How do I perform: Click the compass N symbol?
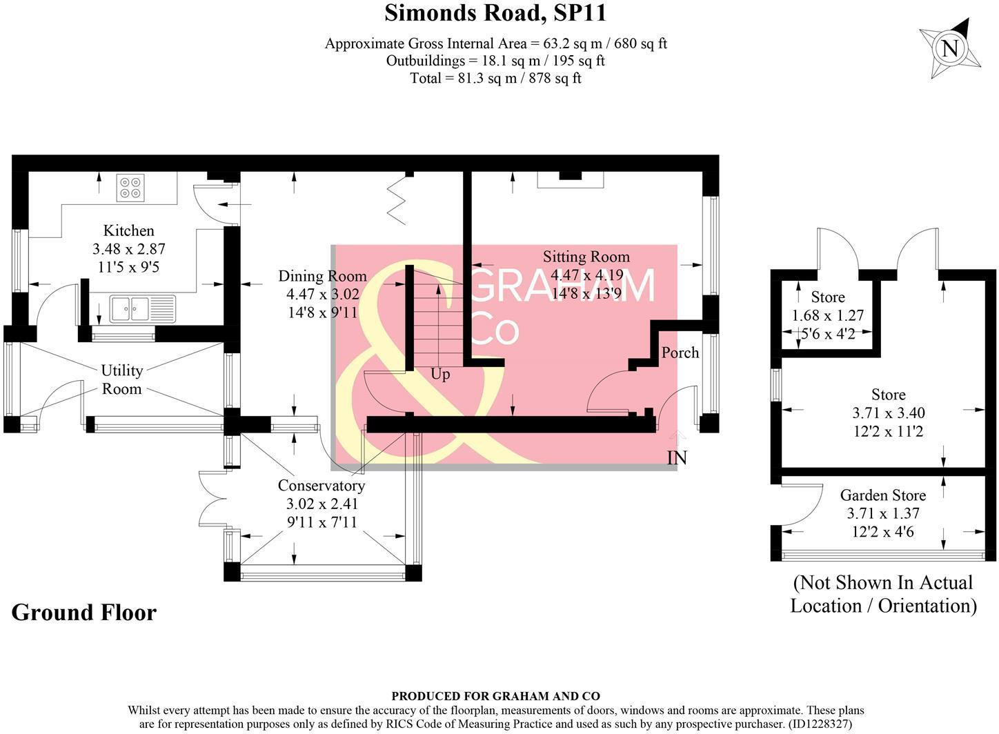pyautogui.click(x=950, y=49)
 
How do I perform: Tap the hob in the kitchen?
pyautogui.click(x=130, y=187)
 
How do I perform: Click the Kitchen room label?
pyautogui.click(x=129, y=231)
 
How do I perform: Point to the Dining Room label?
pyautogui.click(x=322, y=277)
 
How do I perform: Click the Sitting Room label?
pyautogui.click(x=586, y=257)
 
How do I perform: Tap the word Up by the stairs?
pyautogui.click(x=440, y=375)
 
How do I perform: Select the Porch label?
pyautogui.click(x=680, y=353)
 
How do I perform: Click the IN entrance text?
pyautogui.click(x=677, y=458)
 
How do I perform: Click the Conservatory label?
pyautogui.click(x=322, y=486)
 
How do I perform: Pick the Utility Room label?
pyautogui.click(x=122, y=379)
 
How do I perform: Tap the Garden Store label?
pyautogui.click(x=883, y=495)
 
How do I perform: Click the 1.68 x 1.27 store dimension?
pyautogui.click(x=828, y=316)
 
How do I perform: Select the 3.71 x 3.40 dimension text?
pyautogui.click(x=889, y=413)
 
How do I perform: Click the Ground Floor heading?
pyautogui.click(x=83, y=613)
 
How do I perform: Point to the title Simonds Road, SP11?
pyautogui.click(x=495, y=13)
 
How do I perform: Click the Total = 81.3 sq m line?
pyautogui.click(x=495, y=78)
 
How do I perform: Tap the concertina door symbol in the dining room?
pyautogui.click(x=396, y=201)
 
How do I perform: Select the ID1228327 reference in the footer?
pyautogui.click(x=820, y=724)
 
